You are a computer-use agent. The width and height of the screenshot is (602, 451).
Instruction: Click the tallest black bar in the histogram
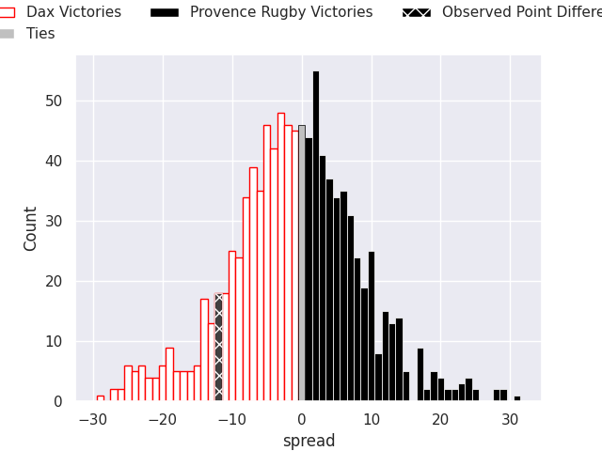[x=316, y=235]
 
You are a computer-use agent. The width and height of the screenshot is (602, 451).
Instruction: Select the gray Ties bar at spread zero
[x=302, y=263]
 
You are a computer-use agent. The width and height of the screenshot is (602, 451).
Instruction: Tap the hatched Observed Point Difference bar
[x=218, y=348]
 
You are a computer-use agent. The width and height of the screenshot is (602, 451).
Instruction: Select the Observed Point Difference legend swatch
[x=417, y=12]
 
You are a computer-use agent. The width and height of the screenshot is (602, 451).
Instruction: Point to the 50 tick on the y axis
[x=56, y=101]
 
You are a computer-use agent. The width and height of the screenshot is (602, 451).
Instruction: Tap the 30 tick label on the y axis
[x=56, y=222]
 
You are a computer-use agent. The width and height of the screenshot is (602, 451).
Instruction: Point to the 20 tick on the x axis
[x=441, y=419]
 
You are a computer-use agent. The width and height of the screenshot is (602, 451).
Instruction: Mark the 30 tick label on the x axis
[x=511, y=419]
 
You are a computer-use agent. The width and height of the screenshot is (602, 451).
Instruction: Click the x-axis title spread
[x=309, y=441]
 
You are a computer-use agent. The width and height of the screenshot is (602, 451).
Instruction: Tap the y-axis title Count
[x=31, y=228]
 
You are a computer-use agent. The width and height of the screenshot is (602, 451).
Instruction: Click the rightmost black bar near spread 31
[x=517, y=398]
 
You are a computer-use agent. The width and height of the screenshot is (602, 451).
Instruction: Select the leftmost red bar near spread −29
[x=101, y=398]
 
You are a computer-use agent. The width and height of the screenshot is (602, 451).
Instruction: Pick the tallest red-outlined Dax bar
[x=281, y=258]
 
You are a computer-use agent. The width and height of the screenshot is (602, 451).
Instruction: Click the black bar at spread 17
[x=420, y=376]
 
